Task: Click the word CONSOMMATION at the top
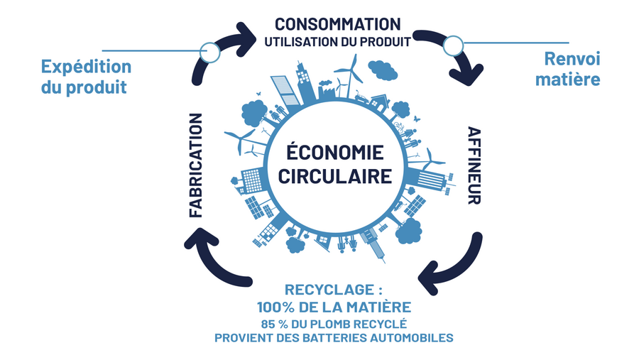[337, 24]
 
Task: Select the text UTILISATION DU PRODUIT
[337, 42]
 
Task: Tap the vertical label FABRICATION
[197, 164]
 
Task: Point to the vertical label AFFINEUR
[474, 165]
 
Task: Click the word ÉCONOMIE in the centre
[335, 153]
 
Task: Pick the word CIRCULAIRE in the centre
[335, 175]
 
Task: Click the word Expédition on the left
[86, 67]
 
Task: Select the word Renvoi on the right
[572, 60]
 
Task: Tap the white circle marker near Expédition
[209, 50]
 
